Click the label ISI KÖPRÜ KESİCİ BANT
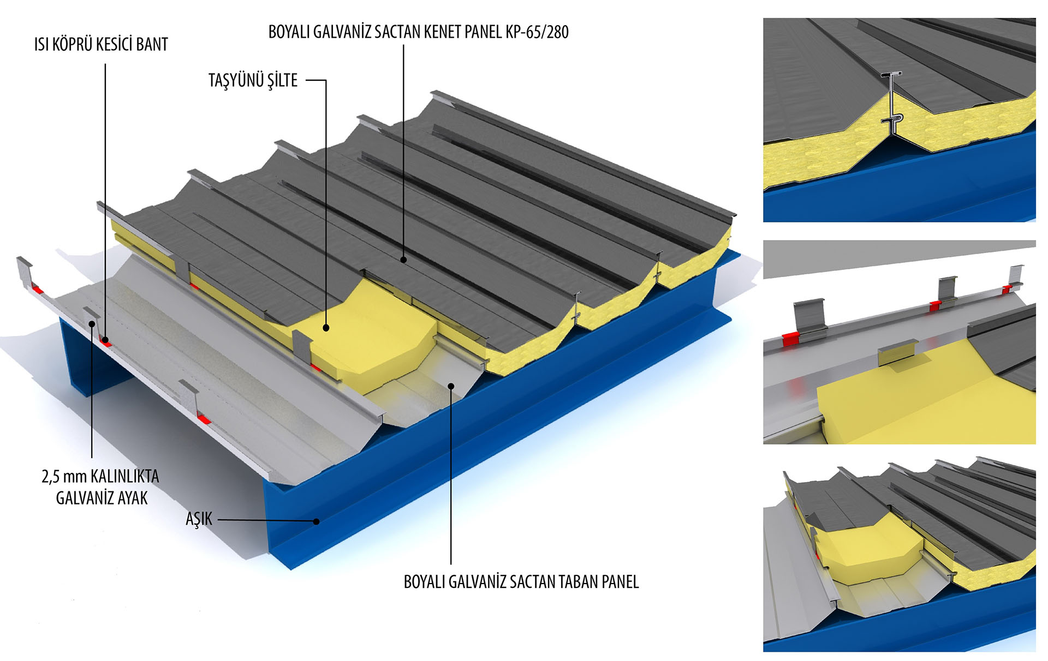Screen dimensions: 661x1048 point(101,45)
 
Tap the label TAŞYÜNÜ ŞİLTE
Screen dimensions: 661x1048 point(253,81)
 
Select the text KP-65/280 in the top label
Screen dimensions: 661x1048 point(537,32)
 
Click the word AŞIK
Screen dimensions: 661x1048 point(199,519)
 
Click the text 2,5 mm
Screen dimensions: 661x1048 point(64,477)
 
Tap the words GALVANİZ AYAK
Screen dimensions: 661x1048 point(102,498)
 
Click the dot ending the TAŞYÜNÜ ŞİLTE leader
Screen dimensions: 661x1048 point(326,328)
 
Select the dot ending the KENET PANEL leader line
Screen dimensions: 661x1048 point(403,260)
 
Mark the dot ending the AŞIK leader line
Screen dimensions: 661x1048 point(316,521)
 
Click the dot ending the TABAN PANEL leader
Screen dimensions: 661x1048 point(451,386)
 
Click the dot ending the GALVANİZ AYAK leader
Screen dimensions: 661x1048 point(92,323)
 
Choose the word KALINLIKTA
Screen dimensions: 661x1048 point(125,477)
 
